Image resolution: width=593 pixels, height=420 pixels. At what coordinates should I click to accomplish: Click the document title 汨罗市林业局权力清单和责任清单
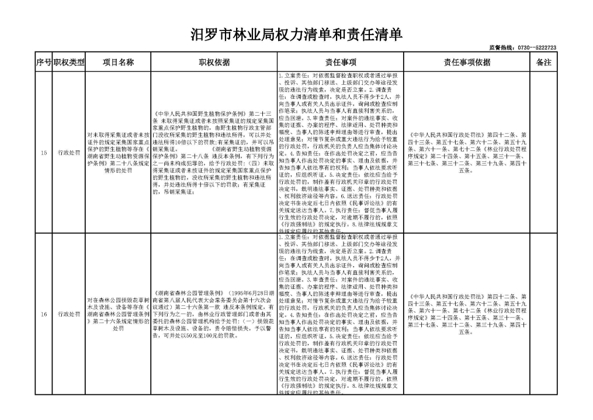tap(297, 35)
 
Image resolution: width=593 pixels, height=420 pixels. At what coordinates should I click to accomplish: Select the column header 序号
tap(44, 62)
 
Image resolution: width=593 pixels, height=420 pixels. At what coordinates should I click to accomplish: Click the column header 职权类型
tap(69, 62)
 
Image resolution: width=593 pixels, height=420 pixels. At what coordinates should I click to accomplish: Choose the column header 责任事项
tap(340, 62)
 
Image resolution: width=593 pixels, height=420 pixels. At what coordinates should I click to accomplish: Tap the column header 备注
tap(543, 62)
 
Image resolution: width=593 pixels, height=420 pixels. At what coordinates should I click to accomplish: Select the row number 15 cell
tap(44, 153)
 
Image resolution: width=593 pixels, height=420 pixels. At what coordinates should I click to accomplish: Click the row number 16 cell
tap(44, 314)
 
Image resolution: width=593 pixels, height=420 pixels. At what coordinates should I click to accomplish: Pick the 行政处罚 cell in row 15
tap(69, 153)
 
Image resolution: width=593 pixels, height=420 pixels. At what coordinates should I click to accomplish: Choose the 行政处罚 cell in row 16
tap(69, 314)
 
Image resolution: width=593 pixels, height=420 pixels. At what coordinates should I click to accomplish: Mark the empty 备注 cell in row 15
tap(543, 153)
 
